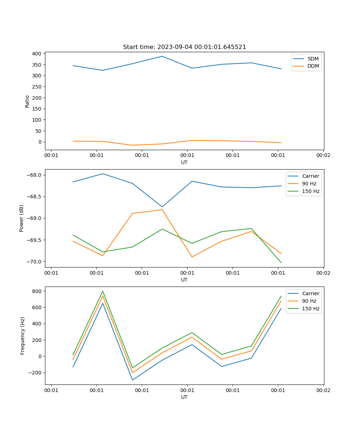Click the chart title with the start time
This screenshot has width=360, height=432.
click(x=184, y=47)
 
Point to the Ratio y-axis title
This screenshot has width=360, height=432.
click(x=27, y=102)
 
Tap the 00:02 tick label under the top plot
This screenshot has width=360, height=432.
click(x=323, y=156)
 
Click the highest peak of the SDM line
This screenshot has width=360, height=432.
click(x=162, y=56)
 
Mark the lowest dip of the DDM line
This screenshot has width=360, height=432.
click(x=132, y=145)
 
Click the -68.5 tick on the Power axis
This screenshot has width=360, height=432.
click(x=35, y=197)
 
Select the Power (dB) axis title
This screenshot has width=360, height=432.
click(x=22, y=218)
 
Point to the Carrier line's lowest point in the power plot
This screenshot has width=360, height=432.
click(x=162, y=207)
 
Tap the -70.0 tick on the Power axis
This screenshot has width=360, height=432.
click(x=35, y=262)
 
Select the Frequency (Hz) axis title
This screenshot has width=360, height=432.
click(x=23, y=336)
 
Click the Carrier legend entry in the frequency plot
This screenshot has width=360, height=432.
click(x=310, y=293)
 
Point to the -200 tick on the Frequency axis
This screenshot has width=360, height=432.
click(x=36, y=373)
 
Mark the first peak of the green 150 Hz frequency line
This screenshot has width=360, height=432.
click(x=103, y=291)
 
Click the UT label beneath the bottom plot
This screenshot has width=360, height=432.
click(x=184, y=397)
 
